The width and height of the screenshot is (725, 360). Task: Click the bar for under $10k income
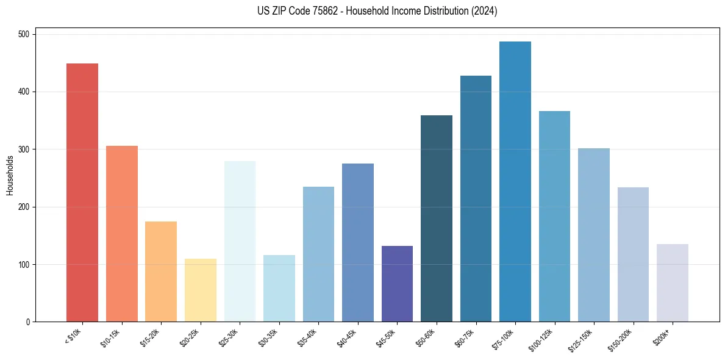click(x=82, y=192)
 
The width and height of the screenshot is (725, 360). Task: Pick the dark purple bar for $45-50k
click(x=397, y=284)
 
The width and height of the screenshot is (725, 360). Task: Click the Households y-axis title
click(x=10, y=175)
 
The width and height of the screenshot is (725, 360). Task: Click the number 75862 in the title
click(x=316, y=11)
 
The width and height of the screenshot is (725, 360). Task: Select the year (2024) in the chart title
click(x=485, y=11)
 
